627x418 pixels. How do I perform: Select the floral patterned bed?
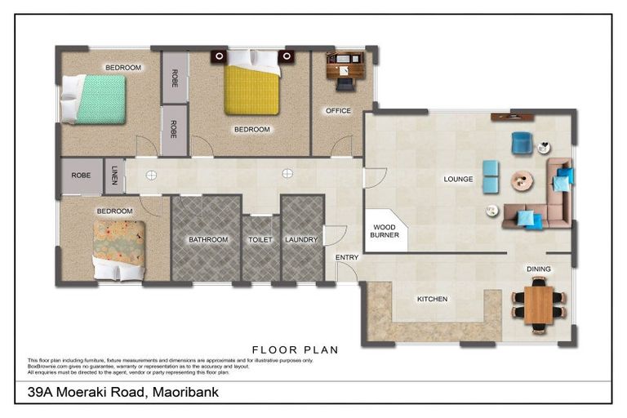pyautogui.click(x=119, y=248)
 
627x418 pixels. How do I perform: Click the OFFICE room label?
pyautogui.click(x=338, y=111)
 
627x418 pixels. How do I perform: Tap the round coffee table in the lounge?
pyautogui.click(x=522, y=180)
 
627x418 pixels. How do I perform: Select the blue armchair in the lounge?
pyautogui.click(x=521, y=143)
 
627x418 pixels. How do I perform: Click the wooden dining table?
pyautogui.click(x=538, y=305)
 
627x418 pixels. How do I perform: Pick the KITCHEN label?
pyautogui.click(x=432, y=299)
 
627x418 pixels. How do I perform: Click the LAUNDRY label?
pyautogui.click(x=301, y=240)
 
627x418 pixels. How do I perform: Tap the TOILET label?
pyautogui.click(x=260, y=240)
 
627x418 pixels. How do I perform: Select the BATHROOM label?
pyautogui.click(x=208, y=240)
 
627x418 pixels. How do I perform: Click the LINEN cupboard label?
pyautogui.click(x=114, y=176)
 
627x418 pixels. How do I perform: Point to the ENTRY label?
pyautogui.click(x=347, y=258)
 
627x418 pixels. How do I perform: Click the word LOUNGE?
pyautogui.click(x=459, y=179)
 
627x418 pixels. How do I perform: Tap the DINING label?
pyautogui.click(x=538, y=269)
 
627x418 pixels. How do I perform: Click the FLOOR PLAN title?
pyautogui.click(x=296, y=349)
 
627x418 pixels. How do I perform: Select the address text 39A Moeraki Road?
pyautogui.click(x=122, y=393)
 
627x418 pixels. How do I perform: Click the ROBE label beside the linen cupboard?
pyautogui.click(x=81, y=176)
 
